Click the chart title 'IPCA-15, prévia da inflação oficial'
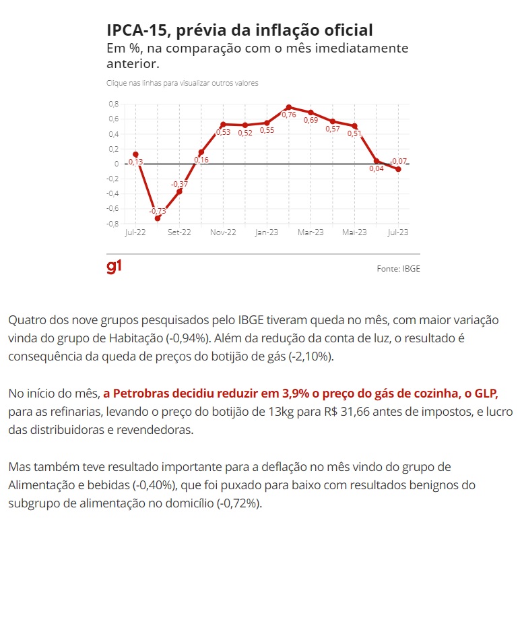(x=239, y=30)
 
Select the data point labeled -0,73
(x=158, y=218)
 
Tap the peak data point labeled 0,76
(x=288, y=107)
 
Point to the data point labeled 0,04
(x=377, y=161)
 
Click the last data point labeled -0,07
(x=399, y=169)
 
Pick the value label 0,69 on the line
(x=311, y=121)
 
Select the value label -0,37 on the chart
(x=179, y=184)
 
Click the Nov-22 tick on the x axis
(x=223, y=232)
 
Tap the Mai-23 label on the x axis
(x=354, y=232)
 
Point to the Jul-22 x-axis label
(x=135, y=232)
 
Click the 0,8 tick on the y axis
(x=112, y=104)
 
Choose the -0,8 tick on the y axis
(x=111, y=224)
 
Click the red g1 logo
(x=115, y=267)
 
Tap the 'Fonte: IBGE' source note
(x=398, y=268)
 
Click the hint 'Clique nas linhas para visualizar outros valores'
(x=183, y=83)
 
